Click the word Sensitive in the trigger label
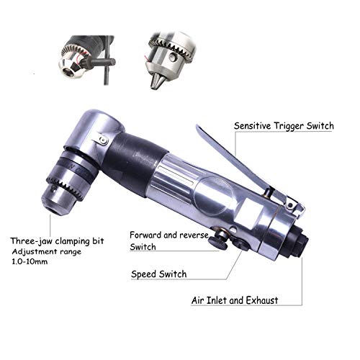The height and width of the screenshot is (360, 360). pos(252,126)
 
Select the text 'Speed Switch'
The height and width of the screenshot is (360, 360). pos(158,274)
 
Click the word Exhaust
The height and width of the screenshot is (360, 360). pos(262,300)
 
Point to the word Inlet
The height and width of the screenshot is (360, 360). pos(217,300)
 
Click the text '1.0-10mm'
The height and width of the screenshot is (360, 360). pos(30,261)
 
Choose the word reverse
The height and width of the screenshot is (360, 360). pos(194,235)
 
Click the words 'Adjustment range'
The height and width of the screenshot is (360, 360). pos(47,252)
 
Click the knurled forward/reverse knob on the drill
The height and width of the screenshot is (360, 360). pos(218,240)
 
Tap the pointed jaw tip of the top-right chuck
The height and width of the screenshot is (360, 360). pos(155,83)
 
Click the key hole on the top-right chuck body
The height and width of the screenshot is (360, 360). pos(172,57)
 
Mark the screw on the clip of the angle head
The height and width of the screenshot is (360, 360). pos(104,140)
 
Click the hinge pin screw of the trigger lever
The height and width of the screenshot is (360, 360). pos(290,205)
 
